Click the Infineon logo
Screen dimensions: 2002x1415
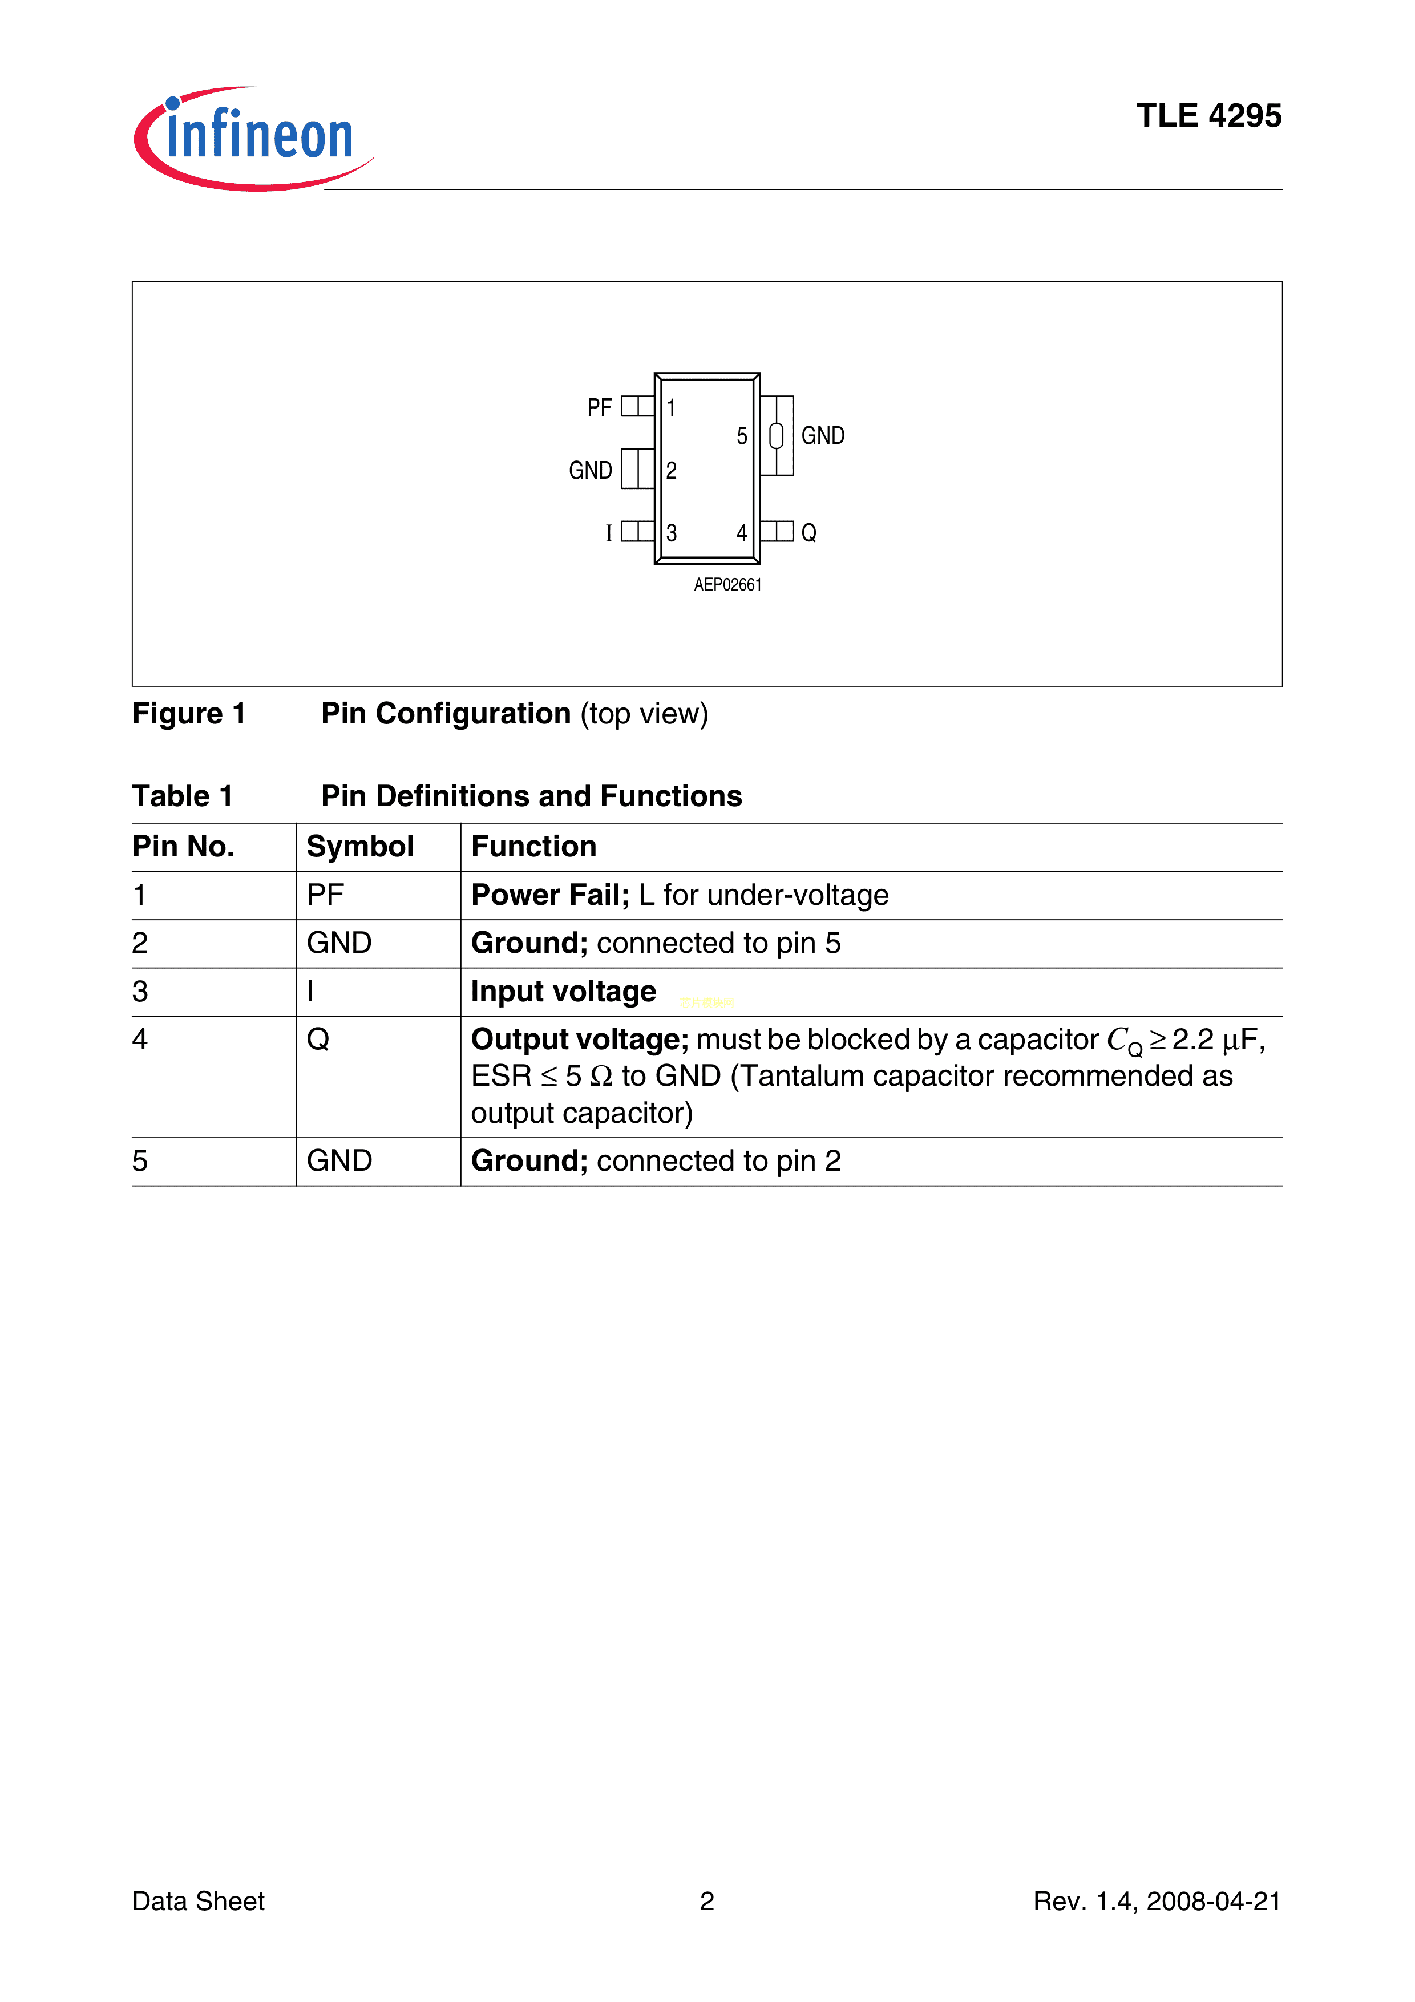(x=253, y=137)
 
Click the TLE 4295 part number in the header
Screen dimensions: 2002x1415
(x=1208, y=116)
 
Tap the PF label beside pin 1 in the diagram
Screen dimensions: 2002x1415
(x=599, y=407)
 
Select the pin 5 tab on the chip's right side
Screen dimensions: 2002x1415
(x=777, y=436)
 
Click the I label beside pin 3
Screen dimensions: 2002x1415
(x=609, y=533)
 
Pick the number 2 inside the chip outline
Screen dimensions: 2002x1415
(x=672, y=471)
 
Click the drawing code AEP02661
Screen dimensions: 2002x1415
(x=727, y=585)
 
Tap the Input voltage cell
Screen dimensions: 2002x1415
(x=563, y=992)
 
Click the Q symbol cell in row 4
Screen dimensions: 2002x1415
(x=318, y=1040)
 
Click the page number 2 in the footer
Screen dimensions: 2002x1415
(x=707, y=1902)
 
